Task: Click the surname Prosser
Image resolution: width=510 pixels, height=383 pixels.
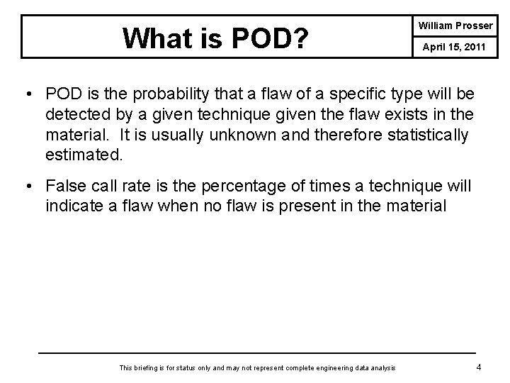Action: coord(475,26)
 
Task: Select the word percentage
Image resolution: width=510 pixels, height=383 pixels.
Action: coord(237,186)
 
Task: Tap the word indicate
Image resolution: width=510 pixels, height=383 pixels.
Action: coord(74,206)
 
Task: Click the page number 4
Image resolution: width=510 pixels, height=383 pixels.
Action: coord(480,367)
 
